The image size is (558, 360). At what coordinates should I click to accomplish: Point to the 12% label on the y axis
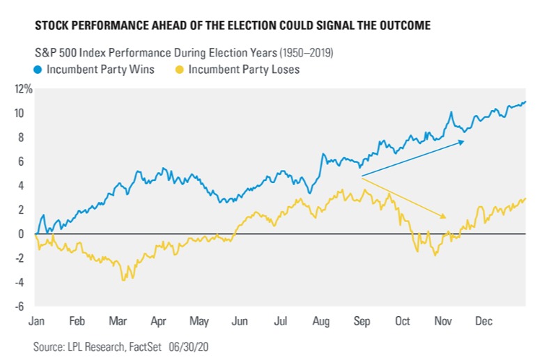(x=24, y=89)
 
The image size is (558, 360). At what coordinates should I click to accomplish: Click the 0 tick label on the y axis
(x=29, y=234)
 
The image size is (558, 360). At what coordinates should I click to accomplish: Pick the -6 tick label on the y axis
(x=26, y=306)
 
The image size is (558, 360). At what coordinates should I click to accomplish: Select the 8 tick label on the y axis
(x=29, y=137)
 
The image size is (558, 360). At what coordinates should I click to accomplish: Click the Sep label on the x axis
(x=362, y=322)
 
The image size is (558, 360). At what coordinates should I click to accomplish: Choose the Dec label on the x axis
(x=484, y=322)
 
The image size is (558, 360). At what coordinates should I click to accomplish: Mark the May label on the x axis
(x=199, y=322)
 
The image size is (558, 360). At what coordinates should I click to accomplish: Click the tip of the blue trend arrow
(x=465, y=141)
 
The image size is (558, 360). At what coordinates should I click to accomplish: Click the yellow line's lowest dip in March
(x=123, y=280)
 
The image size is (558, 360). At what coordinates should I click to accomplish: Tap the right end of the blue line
(x=525, y=102)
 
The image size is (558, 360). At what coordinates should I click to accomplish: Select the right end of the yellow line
(x=525, y=198)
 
